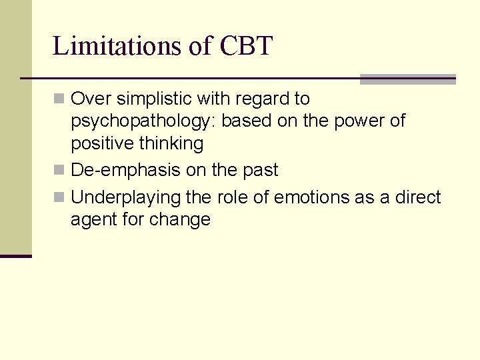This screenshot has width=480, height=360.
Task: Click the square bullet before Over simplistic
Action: coord(59,99)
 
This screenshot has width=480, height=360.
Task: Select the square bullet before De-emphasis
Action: coord(59,171)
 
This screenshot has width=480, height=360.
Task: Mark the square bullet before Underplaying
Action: coord(59,198)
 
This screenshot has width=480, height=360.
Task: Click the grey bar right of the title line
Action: coord(407,79)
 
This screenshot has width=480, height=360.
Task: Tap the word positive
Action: coord(101,143)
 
